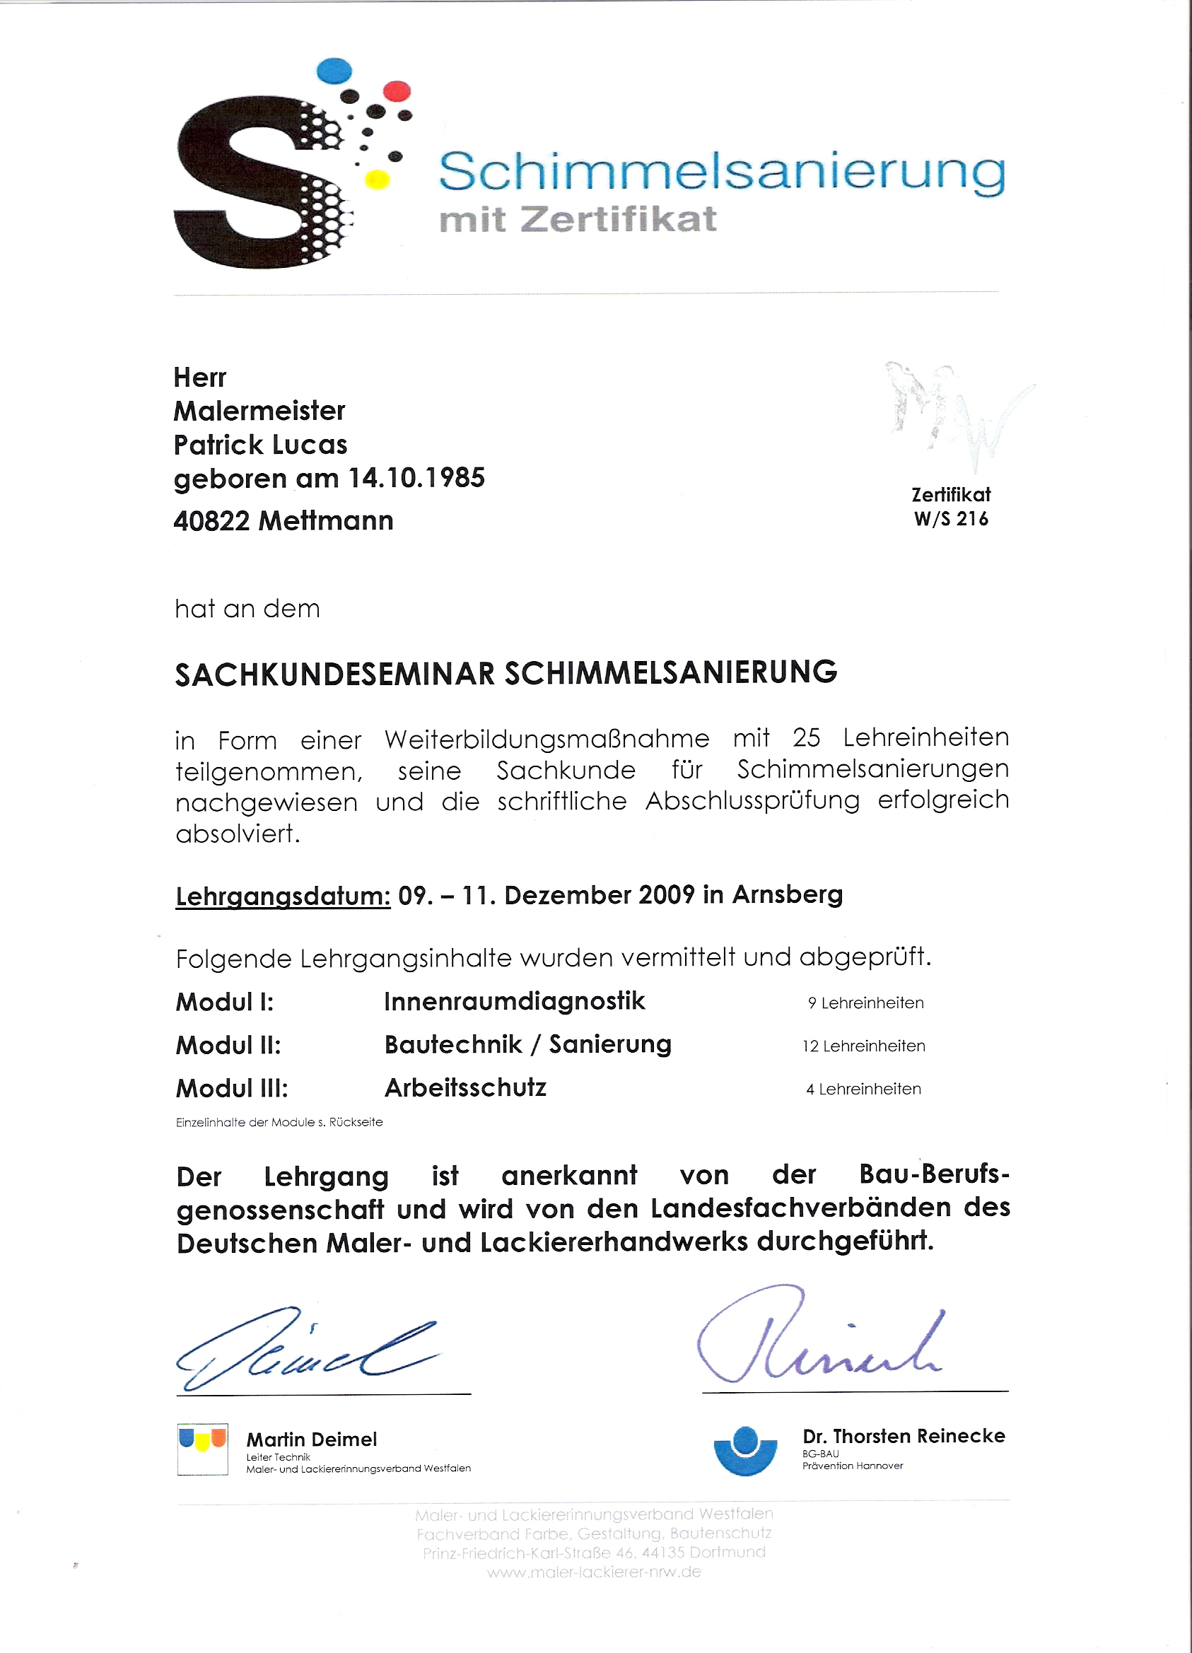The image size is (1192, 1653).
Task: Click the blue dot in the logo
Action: coord(334,71)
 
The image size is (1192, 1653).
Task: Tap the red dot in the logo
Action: coord(397,91)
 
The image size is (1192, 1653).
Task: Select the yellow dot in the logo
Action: coord(377,180)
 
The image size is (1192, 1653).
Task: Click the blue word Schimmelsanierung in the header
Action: coord(721,173)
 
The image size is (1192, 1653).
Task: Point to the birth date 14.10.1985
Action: coord(416,478)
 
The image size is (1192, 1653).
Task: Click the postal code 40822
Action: coord(211,521)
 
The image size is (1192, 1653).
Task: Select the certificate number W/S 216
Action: coord(951,519)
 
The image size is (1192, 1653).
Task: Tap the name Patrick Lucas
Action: coord(260,445)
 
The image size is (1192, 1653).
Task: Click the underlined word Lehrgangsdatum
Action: coord(284,896)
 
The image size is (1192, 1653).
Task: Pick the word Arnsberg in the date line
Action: coord(787,894)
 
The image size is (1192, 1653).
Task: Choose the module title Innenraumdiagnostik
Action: coord(515,1001)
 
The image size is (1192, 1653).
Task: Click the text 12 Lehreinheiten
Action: coord(863,1046)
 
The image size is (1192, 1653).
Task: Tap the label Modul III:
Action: coord(233,1089)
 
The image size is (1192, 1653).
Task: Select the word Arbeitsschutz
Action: coord(466,1088)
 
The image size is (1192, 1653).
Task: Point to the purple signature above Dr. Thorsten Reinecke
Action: coord(819,1338)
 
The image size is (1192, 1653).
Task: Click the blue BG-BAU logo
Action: coord(745,1450)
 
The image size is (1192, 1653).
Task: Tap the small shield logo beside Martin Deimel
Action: coord(202,1449)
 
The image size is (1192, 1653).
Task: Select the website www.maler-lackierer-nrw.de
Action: coord(594,1572)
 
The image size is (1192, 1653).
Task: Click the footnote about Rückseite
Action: coord(279,1123)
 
